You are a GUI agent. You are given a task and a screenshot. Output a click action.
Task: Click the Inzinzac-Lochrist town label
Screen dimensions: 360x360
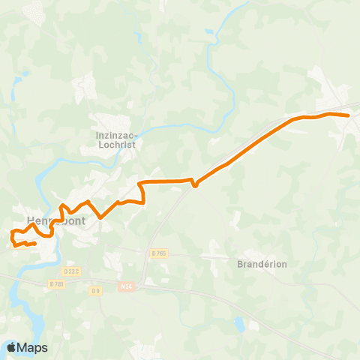click(115, 140)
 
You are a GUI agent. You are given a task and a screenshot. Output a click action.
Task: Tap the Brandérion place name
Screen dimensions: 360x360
click(262, 264)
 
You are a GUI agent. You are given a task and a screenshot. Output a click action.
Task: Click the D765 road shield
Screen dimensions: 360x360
click(157, 254)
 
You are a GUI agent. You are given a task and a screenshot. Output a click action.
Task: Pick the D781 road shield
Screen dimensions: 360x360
click(56, 284)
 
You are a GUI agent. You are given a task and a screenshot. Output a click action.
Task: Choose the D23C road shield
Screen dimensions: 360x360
click(71, 271)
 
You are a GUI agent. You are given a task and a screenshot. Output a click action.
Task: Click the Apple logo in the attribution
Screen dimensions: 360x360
click(11, 347)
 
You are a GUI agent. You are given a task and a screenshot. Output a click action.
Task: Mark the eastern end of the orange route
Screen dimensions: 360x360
click(348, 115)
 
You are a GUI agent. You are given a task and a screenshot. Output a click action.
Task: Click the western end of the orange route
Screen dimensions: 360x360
click(35, 243)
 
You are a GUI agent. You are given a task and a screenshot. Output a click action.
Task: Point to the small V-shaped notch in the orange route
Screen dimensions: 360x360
click(194, 185)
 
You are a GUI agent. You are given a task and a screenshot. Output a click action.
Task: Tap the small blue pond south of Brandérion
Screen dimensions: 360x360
click(238, 324)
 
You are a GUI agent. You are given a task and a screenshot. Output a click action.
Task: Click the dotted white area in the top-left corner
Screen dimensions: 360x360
click(34, 10)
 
